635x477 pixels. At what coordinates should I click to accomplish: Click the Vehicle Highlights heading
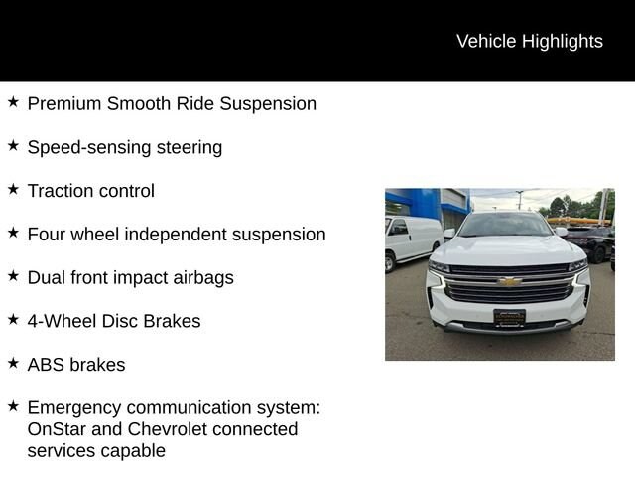(x=530, y=42)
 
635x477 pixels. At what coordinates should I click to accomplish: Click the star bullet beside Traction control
(x=13, y=189)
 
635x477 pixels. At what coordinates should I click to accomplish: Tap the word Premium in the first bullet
(x=64, y=103)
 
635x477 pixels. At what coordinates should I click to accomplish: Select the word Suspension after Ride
(x=268, y=104)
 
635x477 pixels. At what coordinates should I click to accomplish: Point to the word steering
(x=190, y=148)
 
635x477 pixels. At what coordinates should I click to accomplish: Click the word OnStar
(x=57, y=429)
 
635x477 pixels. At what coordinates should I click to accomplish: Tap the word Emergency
(x=74, y=408)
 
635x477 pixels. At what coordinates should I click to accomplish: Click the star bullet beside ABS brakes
(x=13, y=363)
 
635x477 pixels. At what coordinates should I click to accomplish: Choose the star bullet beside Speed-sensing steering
(x=13, y=145)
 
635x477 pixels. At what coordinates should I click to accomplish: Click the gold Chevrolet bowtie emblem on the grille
(x=509, y=281)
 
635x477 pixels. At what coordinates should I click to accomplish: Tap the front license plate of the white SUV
(x=509, y=318)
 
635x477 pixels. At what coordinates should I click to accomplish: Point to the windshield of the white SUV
(x=505, y=225)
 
